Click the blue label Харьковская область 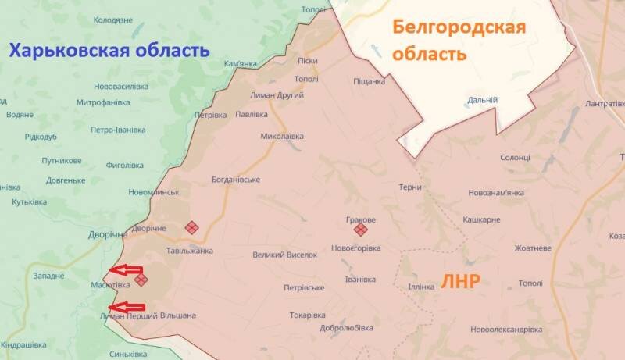109,52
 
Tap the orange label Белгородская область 459,41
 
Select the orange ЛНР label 461,282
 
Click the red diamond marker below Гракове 360,230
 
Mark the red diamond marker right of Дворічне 191,228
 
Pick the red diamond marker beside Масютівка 141,279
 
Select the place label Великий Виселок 285,255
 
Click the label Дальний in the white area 482,100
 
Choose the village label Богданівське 236,180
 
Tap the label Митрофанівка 103,102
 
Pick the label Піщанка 369,81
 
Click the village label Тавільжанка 190,251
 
